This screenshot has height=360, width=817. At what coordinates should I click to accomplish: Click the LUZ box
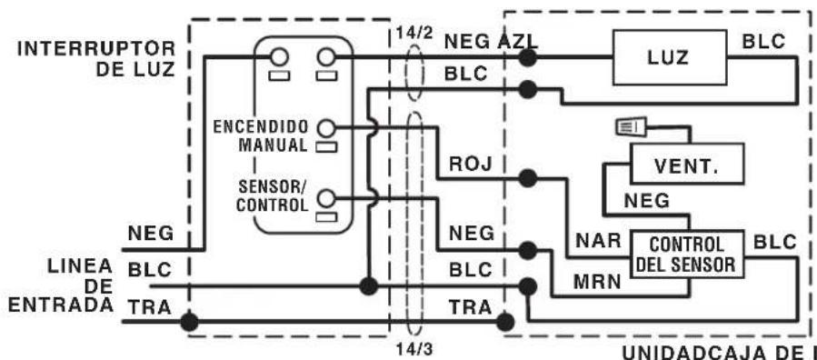[x=670, y=57]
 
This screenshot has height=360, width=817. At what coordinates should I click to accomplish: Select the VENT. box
[x=687, y=164]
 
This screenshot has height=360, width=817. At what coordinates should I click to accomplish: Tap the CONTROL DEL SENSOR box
[x=687, y=254]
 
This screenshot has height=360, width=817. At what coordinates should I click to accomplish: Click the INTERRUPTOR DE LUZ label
[x=97, y=58]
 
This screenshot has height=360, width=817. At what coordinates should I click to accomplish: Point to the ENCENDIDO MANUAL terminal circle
[x=325, y=127]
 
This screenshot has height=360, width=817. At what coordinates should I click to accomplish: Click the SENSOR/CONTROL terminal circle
[x=325, y=198]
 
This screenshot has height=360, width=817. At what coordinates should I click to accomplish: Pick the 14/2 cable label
[x=413, y=33]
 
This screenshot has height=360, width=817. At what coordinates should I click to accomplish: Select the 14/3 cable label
[x=413, y=348]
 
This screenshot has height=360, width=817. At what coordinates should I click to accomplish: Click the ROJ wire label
[x=471, y=164]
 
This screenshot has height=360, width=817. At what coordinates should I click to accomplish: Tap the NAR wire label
[x=598, y=241]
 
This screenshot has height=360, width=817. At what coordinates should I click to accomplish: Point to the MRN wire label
[x=597, y=282]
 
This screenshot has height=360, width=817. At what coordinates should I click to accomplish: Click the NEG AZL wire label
[x=490, y=42]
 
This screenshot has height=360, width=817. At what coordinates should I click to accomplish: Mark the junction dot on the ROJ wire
[x=527, y=179]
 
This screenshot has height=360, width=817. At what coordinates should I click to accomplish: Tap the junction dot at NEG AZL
[x=527, y=57]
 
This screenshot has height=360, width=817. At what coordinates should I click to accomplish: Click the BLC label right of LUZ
[x=764, y=42]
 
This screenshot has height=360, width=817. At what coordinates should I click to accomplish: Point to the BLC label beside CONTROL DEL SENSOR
[x=775, y=242]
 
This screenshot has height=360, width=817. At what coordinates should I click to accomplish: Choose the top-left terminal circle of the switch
[x=279, y=56]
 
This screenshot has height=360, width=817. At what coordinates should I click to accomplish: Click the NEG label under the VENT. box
[x=647, y=201]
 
